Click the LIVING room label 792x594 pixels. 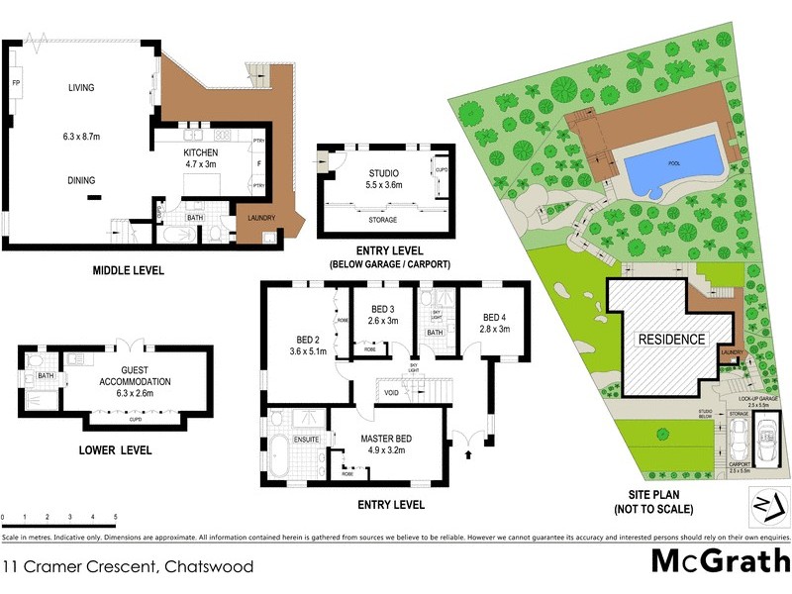click(x=81, y=88)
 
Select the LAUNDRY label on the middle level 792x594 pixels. click(x=260, y=219)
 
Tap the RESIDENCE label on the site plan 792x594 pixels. click(x=671, y=339)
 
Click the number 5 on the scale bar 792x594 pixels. click(x=116, y=518)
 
